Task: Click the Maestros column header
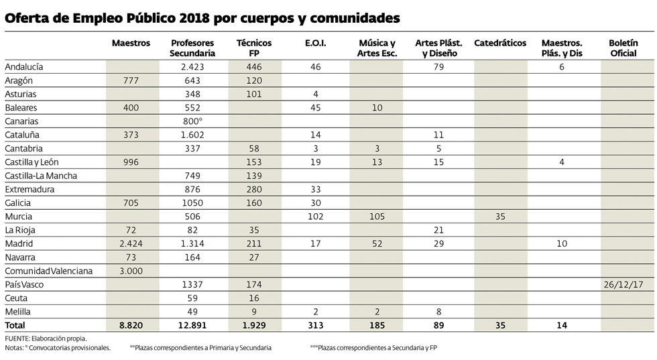point(131,43)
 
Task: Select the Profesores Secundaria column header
point(192,48)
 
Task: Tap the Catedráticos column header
point(500,43)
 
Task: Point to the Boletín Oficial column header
point(623,48)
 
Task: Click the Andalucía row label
point(24,67)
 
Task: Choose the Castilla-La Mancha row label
point(41,176)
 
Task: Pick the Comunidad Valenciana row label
point(49,271)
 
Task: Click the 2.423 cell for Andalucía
point(192,67)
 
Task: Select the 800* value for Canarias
point(192,121)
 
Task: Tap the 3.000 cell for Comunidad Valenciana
point(131,271)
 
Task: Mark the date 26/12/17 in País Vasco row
point(623,284)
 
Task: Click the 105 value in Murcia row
point(377,217)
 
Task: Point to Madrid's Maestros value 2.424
point(131,244)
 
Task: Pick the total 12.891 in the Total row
point(192,325)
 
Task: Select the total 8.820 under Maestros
point(131,325)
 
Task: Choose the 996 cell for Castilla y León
point(131,162)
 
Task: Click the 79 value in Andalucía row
point(439,67)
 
